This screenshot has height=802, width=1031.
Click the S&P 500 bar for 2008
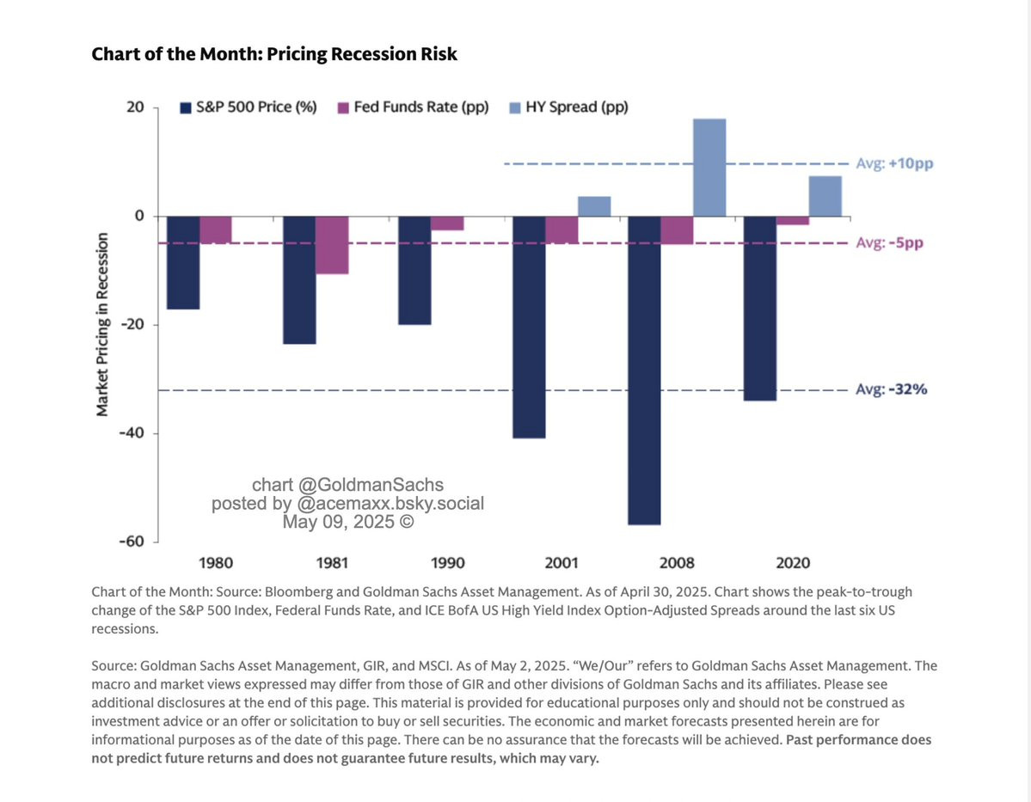(x=645, y=370)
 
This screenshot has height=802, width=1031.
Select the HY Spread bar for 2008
(x=709, y=168)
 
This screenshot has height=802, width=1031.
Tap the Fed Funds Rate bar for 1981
(x=332, y=245)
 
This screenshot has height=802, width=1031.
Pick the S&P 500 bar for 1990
(x=414, y=270)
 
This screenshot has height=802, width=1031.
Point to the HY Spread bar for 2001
(x=594, y=206)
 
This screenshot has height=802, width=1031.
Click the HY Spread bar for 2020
(x=825, y=196)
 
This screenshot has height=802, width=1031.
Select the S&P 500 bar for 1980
(x=183, y=262)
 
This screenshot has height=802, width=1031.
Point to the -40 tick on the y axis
(x=131, y=433)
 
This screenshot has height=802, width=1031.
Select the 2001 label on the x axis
(x=562, y=564)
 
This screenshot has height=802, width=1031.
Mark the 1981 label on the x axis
(x=332, y=564)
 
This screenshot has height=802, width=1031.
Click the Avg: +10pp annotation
(x=894, y=163)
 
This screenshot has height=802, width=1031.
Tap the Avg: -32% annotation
(x=892, y=389)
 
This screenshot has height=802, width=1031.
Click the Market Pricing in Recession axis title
(x=102, y=324)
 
